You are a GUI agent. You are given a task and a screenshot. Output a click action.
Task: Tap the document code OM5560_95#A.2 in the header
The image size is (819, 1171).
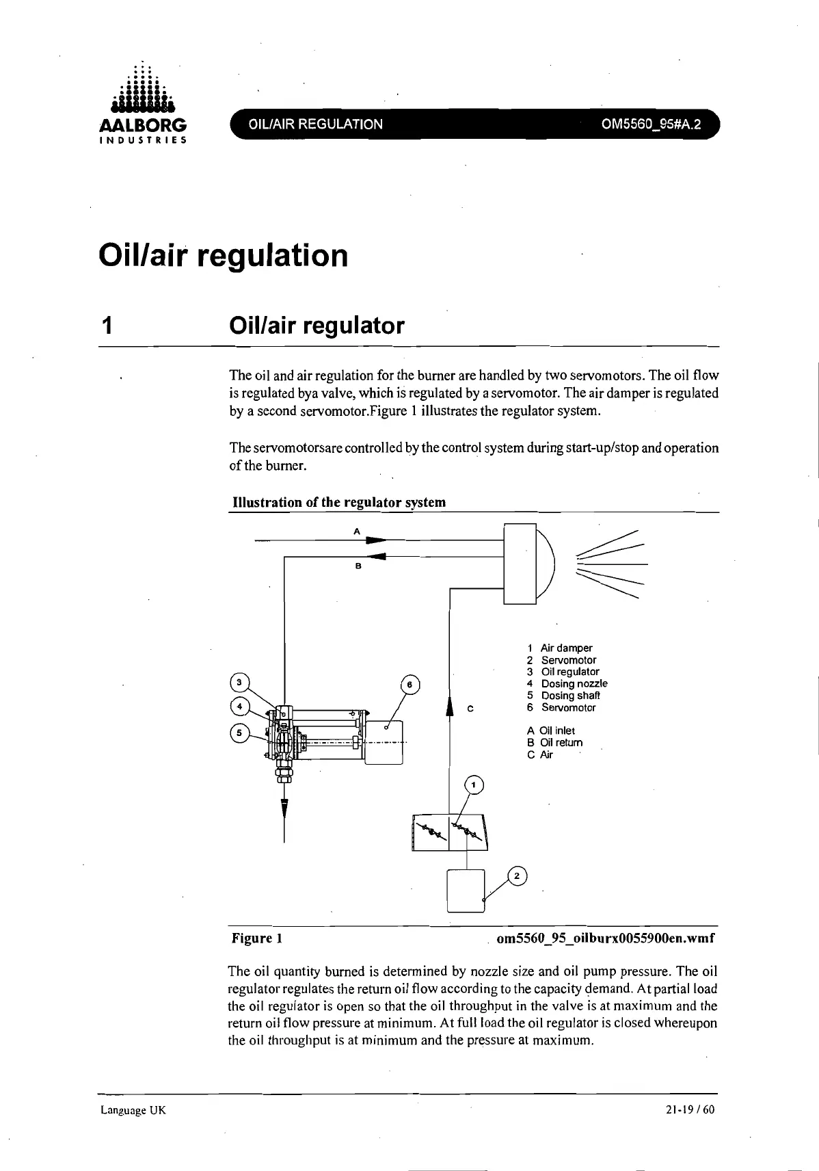651,124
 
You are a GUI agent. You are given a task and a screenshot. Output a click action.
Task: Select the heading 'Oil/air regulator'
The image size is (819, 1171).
317,326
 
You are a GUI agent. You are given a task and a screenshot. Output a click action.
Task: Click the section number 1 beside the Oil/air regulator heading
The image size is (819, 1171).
106,326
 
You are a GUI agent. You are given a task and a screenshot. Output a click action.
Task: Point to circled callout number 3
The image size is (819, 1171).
239,682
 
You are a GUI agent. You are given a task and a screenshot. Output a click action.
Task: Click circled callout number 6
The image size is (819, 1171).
409,685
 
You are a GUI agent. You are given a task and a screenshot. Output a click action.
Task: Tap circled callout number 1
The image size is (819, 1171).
474,785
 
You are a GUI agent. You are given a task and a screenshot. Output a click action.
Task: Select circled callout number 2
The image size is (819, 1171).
517,876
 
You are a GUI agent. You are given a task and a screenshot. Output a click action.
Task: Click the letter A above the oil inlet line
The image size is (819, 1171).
356,530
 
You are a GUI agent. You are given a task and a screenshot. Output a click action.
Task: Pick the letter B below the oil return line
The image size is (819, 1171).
358,567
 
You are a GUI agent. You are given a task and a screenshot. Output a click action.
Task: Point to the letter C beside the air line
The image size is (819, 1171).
470,709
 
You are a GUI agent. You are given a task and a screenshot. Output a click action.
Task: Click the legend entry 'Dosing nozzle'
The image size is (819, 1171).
574,683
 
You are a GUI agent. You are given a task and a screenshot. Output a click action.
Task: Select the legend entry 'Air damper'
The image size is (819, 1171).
566,648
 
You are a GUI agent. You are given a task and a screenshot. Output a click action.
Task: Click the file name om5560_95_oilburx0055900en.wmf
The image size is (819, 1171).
605,938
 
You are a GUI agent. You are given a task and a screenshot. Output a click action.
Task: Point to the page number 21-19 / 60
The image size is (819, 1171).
689,1109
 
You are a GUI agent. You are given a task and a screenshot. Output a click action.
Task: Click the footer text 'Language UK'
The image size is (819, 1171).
133,1109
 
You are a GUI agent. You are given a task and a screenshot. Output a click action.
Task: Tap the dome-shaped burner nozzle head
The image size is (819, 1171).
546,564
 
